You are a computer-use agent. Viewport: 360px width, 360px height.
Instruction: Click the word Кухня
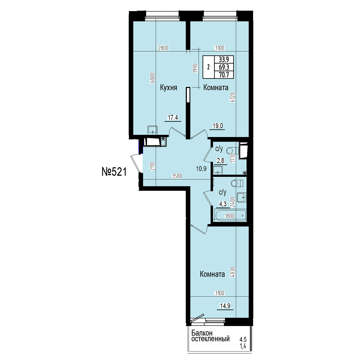pyautogui.click(x=169, y=88)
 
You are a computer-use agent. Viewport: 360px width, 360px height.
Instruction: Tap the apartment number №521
pyautogui.click(x=114, y=172)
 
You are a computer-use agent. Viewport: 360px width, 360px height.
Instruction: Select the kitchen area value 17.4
pyautogui.click(x=173, y=118)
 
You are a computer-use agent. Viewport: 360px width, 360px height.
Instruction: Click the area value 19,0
pyautogui.click(x=218, y=126)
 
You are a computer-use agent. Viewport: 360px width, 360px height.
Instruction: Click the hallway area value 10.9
pyautogui.click(x=201, y=169)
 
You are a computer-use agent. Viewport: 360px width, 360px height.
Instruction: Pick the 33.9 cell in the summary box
pyautogui.click(x=223, y=60)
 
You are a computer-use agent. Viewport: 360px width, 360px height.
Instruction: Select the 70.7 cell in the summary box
pyautogui.click(x=223, y=75)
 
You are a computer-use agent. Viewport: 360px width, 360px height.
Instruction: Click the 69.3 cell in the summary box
pyautogui.click(x=223, y=67)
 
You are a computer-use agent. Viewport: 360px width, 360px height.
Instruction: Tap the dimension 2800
pyautogui.click(x=163, y=48)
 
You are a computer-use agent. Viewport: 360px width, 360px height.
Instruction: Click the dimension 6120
pyautogui.click(x=233, y=97)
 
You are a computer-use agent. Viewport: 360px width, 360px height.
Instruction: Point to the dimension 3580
pyautogui.click(x=177, y=176)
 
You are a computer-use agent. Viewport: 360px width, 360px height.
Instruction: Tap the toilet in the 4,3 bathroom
pyautogui.click(x=237, y=183)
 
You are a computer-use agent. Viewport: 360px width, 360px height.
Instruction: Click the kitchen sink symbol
pyautogui.click(x=153, y=130)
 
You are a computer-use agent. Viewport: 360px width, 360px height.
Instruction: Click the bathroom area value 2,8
pyautogui.click(x=220, y=161)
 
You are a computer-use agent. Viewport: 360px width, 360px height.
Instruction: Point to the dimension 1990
pyautogui.click(x=195, y=68)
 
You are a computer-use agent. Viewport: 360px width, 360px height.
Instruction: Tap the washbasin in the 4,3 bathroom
pyautogui.click(x=242, y=197)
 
